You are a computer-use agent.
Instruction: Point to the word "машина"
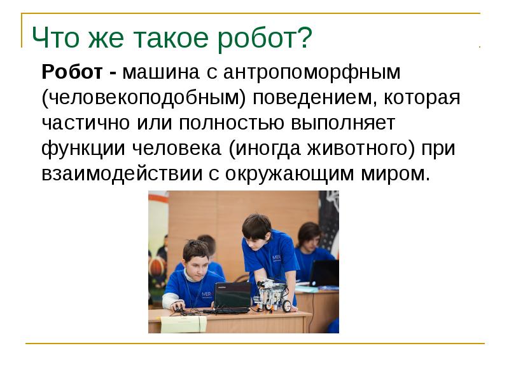pyautogui.click(x=160, y=72)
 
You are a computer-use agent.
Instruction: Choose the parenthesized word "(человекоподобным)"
pyautogui.click(x=145, y=98)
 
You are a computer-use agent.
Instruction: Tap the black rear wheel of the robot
pyautogui.click(x=287, y=306)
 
